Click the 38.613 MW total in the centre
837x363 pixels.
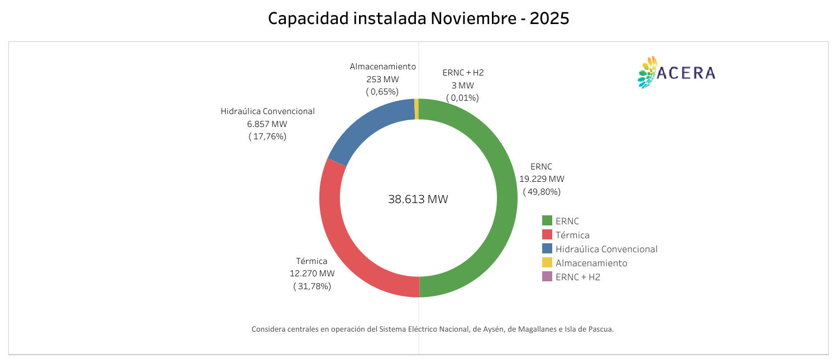(418, 199)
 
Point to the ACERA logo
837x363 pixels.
(676, 73)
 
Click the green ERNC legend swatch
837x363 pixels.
(547, 221)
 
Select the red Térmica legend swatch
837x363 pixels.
(547, 235)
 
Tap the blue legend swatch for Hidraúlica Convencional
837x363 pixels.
(547, 249)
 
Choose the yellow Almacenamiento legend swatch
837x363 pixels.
(547, 263)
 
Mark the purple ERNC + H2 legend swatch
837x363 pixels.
(547, 277)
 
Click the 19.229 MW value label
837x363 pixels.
(542, 179)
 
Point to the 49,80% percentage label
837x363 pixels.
(542, 192)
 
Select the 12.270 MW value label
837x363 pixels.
(312, 274)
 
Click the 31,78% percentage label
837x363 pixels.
(312, 286)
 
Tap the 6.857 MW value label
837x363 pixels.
(267, 124)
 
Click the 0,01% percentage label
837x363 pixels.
(462, 98)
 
